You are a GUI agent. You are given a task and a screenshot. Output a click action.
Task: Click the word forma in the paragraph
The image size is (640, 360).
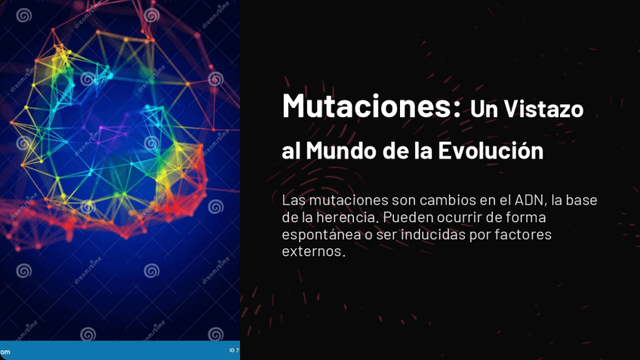pyautogui.click(x=528, y=217)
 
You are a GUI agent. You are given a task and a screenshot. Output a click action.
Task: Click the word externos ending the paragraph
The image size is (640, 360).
pyautogui.click(x=312, y=251)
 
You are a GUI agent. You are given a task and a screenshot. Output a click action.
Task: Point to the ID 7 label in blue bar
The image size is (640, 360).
pyautogui.click(x=233, y=350)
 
